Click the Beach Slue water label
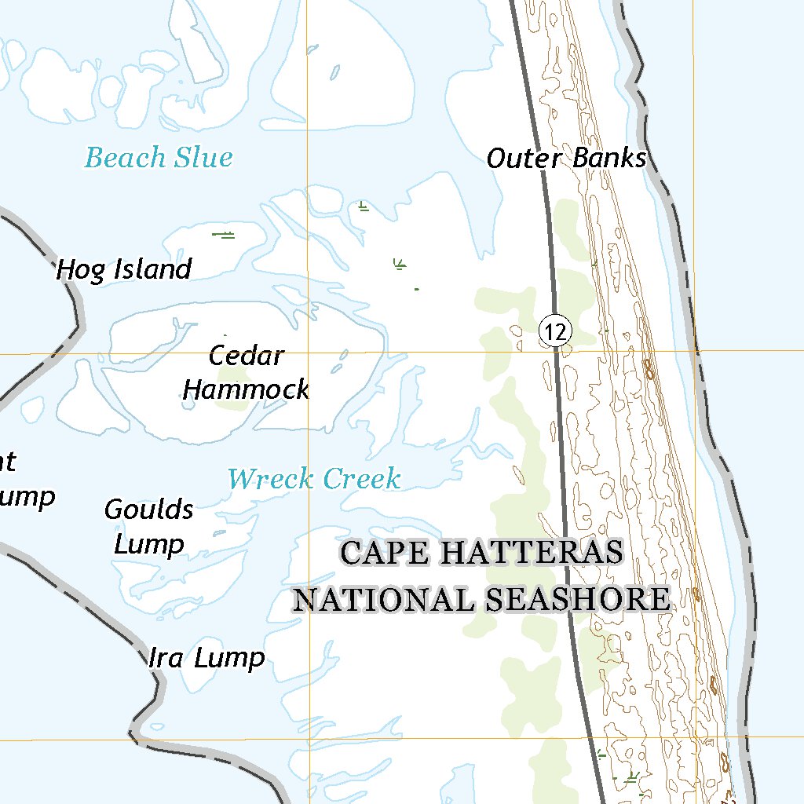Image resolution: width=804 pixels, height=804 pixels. coord(159,158)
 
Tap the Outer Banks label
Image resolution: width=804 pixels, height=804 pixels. coord(566,158)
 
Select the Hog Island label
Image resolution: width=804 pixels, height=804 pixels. coord(124,270)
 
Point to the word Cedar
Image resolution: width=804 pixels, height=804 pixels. coord(246,356)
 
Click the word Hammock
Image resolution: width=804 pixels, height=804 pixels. coord(246,389)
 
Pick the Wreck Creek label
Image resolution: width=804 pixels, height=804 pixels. coord(314,479)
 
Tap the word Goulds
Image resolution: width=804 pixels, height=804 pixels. coord(149,510)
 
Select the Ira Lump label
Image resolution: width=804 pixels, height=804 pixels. coord(206,658)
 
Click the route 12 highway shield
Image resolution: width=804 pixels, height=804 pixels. coord(555,332)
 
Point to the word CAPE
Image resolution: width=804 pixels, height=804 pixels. coord(385,553)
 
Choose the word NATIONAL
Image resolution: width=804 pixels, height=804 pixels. coord(384,600)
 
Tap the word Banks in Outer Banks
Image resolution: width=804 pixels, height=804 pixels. coord(609,158)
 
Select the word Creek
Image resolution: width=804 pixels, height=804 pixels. coord(362,479)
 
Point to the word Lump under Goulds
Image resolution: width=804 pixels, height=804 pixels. coord(149,544)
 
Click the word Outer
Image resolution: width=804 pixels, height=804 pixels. coord(524,158)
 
